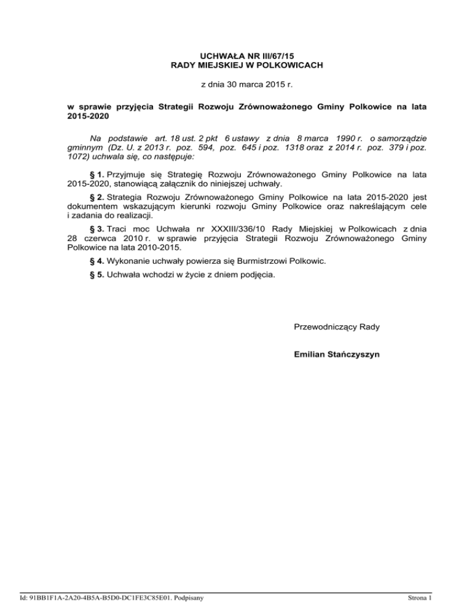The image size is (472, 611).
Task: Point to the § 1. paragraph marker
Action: [x=93, y=175]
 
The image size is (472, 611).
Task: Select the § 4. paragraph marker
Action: [x=93, y=261]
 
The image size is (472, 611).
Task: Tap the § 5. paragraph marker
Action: [x=93, y=275]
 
